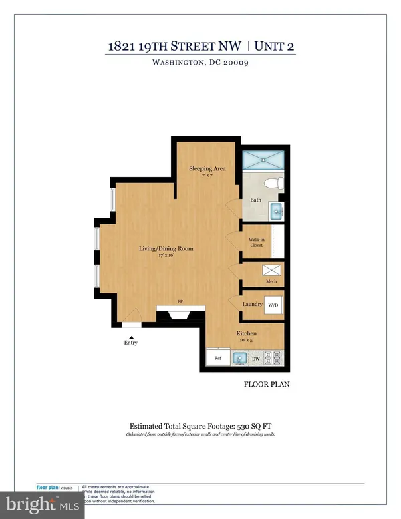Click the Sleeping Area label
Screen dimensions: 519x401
208,169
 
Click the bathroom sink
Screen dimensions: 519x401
276,212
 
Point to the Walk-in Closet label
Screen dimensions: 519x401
257,242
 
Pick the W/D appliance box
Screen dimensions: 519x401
274,305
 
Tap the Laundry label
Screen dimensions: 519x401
252,305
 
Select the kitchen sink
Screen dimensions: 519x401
239,358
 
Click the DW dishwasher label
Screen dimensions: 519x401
256,359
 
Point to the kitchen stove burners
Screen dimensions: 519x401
275,358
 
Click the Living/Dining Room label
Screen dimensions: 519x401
166,249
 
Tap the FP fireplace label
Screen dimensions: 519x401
180,301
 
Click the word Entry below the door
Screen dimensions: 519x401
131,343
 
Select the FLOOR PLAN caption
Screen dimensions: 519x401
265,385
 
